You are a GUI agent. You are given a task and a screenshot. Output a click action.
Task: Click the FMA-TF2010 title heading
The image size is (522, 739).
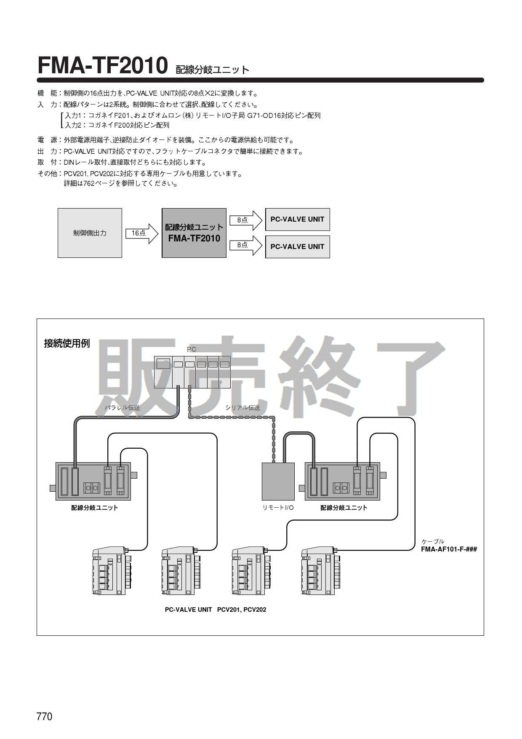(x=103, y=65)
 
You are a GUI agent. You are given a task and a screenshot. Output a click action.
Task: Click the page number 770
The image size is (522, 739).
(x=44, y=716)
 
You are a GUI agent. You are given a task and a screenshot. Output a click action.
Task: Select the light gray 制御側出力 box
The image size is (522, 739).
(x=90, y=233)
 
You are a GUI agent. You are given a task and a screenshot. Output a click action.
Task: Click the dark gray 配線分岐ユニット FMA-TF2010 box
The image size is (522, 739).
(x=194, y=233)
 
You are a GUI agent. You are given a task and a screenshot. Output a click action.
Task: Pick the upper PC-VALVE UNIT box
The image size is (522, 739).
(x=297, y=219)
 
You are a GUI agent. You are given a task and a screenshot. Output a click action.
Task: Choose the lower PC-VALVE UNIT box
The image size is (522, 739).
(x=297, y=246)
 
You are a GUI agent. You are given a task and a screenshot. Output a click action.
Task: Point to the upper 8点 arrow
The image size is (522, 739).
(x=245, y=220)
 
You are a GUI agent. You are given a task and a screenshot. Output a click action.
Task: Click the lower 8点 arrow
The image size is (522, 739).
(x=245, y=245)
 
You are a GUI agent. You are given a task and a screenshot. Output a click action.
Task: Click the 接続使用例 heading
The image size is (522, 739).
(x=67, y=343)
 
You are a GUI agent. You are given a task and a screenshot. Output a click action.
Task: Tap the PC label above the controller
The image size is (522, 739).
(x=192, y=349)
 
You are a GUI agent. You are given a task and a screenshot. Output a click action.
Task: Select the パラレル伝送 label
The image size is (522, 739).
(x=122, y=407)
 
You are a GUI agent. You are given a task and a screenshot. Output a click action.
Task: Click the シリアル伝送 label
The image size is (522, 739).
(x=242, y=407)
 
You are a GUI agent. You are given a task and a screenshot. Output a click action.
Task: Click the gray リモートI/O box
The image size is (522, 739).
(x=278, y=481)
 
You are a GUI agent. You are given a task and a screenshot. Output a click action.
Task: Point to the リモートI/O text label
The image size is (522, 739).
(x=278, y=508)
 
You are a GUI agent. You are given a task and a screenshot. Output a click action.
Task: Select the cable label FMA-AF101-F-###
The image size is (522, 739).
(x=449, y=549)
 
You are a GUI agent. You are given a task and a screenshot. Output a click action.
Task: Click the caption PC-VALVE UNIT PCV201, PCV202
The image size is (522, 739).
(x=216, y=610)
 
